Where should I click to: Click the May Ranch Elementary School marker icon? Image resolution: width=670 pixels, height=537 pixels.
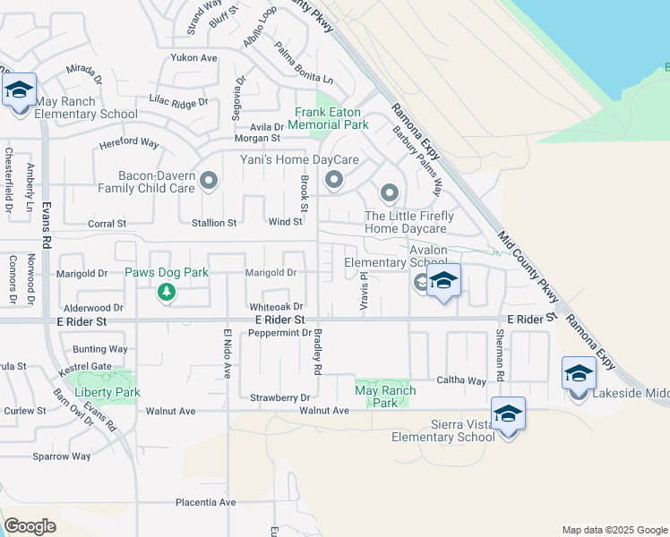point(19,90)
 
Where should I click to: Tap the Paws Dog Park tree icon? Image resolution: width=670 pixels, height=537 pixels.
point(165,291)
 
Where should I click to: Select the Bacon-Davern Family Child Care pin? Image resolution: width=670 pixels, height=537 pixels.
point(210,182)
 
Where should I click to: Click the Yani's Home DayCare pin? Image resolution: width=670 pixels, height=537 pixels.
point(334,182)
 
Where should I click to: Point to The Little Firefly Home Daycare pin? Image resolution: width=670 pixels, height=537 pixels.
point(389,192)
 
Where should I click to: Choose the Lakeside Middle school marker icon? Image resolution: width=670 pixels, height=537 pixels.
point(579,372)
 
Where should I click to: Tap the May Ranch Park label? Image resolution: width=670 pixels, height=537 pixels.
point(385,396)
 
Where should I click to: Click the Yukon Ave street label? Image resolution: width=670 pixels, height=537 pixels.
point(194,58)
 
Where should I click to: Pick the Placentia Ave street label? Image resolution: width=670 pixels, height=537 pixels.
point(205,502)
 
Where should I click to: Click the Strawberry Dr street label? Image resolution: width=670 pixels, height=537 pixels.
point(279,397)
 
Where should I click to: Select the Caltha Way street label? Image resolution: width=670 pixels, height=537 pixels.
point(460,380)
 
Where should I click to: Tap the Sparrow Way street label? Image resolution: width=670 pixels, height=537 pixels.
point(62,456)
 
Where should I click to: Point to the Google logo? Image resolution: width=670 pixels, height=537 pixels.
point(30,526)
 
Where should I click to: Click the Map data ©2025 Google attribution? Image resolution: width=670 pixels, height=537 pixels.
point(614,530)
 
